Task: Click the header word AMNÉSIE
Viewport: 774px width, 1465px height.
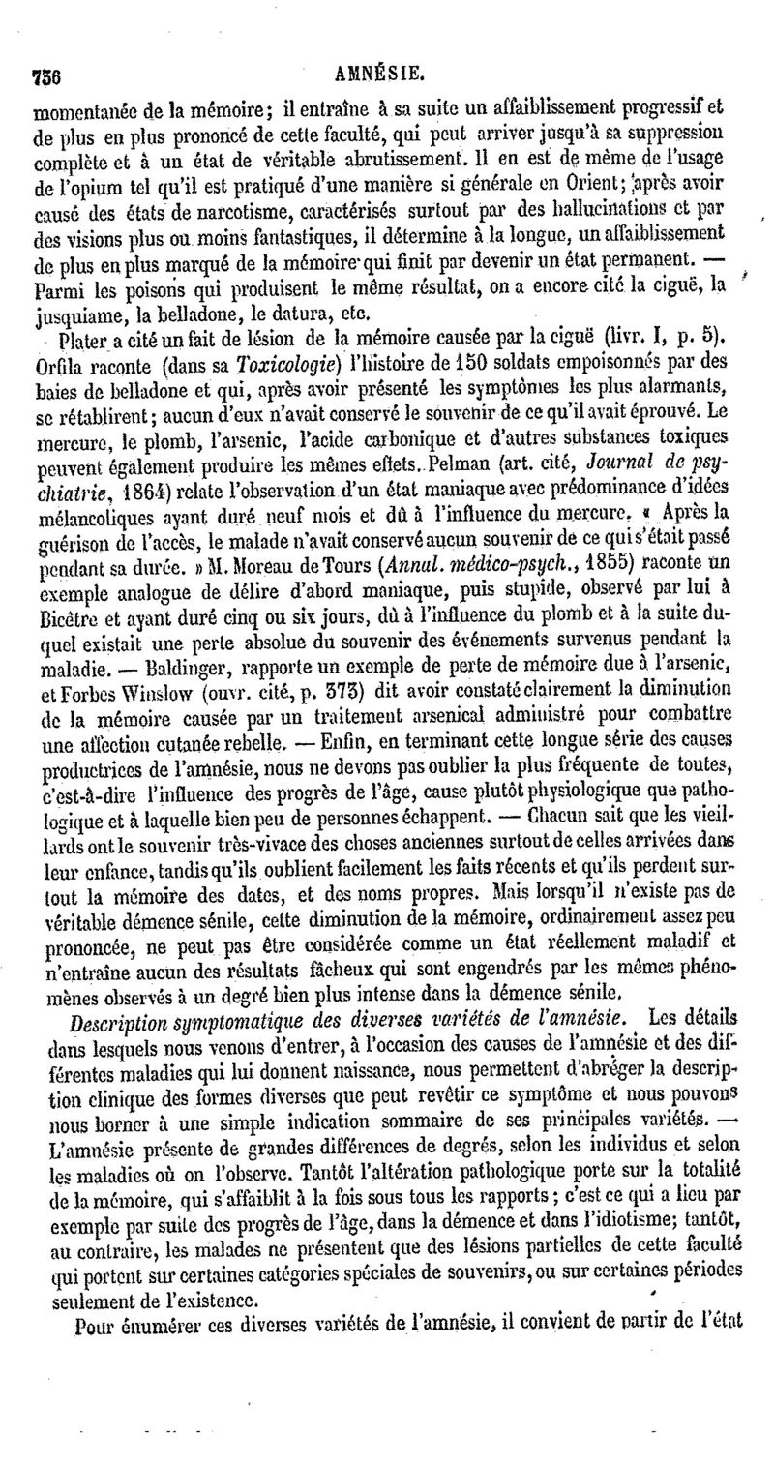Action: click(x=386, y=72)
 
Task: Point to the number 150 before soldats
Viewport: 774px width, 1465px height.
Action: click(x=451, y=365)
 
